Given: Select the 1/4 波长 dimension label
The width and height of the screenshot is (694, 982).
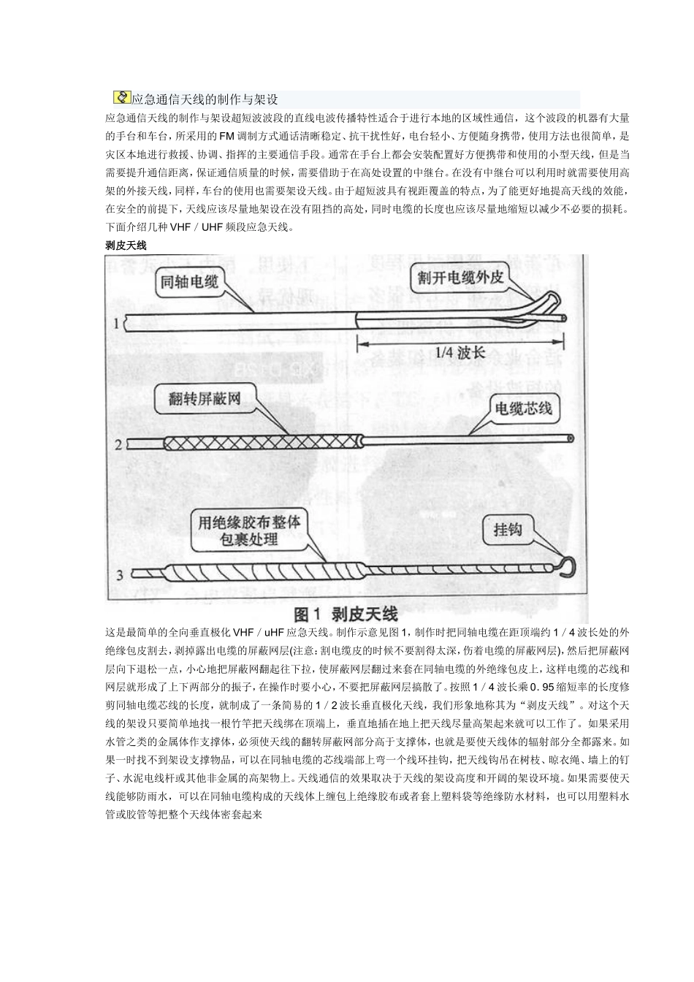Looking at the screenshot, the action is tap(460, 352).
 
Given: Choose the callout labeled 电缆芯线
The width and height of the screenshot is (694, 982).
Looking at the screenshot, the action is tap(523, 408).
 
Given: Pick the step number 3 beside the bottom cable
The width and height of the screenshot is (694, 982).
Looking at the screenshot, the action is tap(120, 575).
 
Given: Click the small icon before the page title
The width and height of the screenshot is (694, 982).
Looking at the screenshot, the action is tap(122, 98).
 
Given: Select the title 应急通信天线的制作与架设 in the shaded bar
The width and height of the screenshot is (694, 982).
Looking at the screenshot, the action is tap(205, 99).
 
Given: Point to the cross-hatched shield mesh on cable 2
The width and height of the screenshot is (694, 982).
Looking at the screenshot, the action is tap(263, 442).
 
